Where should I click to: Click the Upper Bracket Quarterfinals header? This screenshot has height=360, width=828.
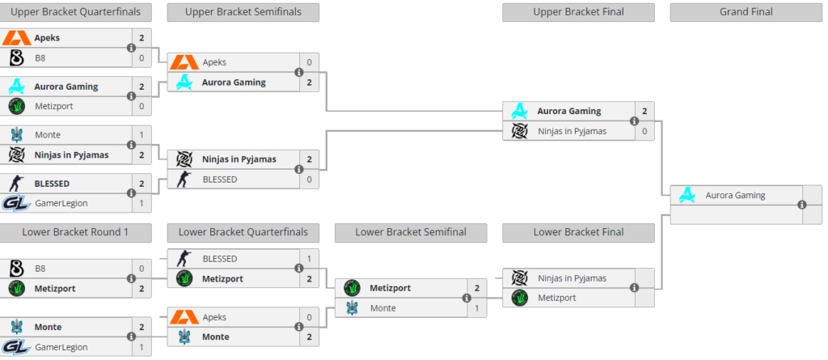[x=75, y=11]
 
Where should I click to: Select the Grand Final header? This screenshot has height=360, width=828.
[x=746, y=11]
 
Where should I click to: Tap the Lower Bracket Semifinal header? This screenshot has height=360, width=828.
[x=411, y=232]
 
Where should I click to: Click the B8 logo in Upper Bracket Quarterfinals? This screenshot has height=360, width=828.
[x=17, y=57]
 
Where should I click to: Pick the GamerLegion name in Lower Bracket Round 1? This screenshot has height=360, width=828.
[x=61, y=347]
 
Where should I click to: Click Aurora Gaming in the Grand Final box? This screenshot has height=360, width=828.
[x=736, y=195]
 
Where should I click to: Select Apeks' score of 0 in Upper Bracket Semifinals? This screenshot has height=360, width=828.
[x=309, y=62]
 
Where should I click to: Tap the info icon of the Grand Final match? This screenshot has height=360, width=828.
[x=802, y=205]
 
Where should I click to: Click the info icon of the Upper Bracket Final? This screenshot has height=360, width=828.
[x=634, y=121]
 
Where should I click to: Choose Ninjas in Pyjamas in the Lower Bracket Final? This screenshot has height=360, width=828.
[x=572, y=278]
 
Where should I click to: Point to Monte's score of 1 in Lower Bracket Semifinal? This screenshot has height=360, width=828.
[x=477, y=308]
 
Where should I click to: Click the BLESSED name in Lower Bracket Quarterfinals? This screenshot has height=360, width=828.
[x=220, y=259]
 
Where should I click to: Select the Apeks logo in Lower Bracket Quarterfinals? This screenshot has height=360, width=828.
[x=184, y=317]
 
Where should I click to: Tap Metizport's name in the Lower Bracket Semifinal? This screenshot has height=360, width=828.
[x=391, y=288]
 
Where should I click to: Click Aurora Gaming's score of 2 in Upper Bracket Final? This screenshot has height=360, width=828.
[x=644, y=111]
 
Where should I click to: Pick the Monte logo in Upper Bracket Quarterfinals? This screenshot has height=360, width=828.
[x=17, y=135]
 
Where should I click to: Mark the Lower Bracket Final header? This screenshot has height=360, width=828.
[x=578, y=232]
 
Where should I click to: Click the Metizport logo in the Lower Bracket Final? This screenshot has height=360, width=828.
[x=520, y=298]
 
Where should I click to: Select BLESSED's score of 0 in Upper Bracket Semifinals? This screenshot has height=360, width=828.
[x=309, y=180]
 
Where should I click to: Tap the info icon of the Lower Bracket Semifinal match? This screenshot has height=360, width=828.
[x=467, y=299]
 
